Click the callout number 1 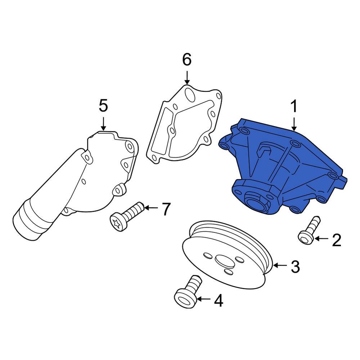(294, 107)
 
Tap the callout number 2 (336, 240)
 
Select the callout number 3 (294, 267)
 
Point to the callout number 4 (218, 301)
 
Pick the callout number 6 (186, 60)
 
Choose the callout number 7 (165, 209)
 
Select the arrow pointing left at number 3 (279, 266)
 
